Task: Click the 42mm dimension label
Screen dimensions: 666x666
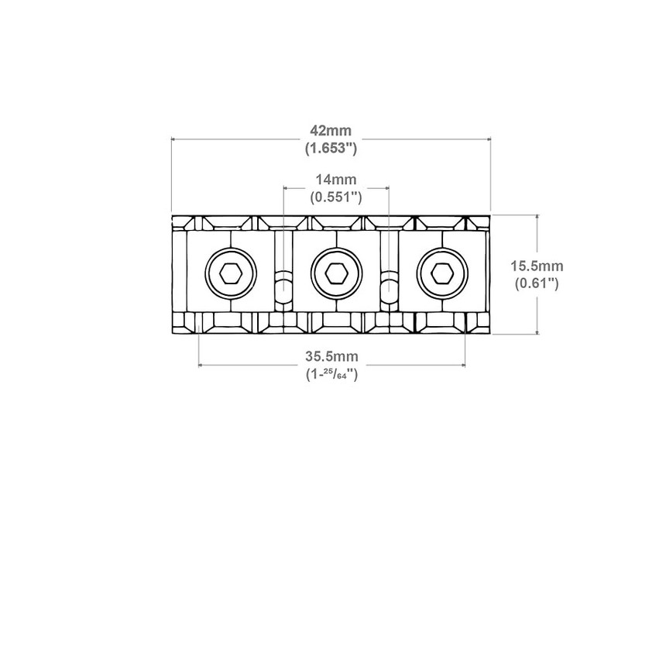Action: (x=331, y=130)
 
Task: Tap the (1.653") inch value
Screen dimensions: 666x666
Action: (x=331, y=148)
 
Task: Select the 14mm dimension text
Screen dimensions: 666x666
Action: (x=335, y=179)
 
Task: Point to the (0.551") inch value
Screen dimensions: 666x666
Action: (x=335, y=197)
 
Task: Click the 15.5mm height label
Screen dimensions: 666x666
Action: (x=537, y=266)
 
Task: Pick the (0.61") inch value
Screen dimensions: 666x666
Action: (x=537, y=283)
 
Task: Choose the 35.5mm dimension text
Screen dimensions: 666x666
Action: (x=331, y=356)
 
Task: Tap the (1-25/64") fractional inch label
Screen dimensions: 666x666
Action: (x=331, y=374)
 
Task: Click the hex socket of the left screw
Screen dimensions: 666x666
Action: (x=231, y=273)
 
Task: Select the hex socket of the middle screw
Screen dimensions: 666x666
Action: (x=337, y=273)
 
